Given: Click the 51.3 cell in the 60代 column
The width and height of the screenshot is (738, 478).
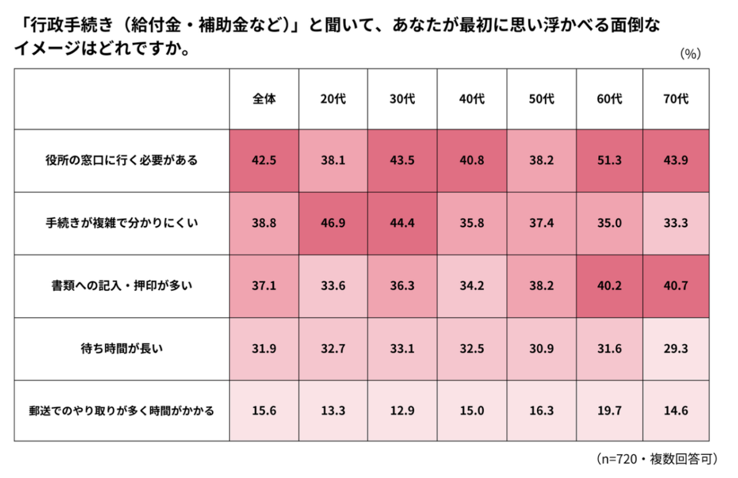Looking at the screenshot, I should [610, 161].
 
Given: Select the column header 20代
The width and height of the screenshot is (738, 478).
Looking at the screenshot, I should [333, 99].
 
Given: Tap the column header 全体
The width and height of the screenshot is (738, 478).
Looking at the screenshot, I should [264, 99].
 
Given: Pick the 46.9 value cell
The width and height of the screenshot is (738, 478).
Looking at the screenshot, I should [333, 224].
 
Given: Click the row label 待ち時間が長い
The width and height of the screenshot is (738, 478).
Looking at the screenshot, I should [122, 348].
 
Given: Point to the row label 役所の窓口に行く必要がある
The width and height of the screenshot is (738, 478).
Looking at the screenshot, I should [122, 161].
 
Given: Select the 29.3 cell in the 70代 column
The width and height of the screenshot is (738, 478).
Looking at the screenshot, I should [676, 348].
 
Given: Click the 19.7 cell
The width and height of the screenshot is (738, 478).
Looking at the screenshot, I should [610, 411].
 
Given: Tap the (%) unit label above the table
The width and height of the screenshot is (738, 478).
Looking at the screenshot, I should [690, 54].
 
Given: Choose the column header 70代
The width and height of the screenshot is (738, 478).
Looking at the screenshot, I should [676, 99].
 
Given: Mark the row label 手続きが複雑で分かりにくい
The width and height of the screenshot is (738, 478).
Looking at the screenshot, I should [122, 224].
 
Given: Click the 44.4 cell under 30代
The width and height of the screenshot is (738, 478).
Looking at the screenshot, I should [402, 224].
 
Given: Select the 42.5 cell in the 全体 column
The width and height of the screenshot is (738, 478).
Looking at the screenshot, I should [264, 161].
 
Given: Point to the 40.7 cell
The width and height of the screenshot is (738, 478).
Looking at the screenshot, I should [676, 286].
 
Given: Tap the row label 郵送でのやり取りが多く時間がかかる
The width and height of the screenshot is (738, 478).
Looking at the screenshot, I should [122, 411].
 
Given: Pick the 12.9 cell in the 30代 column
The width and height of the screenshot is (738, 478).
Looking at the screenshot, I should [402, 411].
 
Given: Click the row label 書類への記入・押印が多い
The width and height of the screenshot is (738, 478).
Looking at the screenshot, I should [122, 286].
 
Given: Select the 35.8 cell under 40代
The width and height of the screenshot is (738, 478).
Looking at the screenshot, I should [472, 224].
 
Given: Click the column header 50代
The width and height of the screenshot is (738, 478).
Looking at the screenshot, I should [541, 99].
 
